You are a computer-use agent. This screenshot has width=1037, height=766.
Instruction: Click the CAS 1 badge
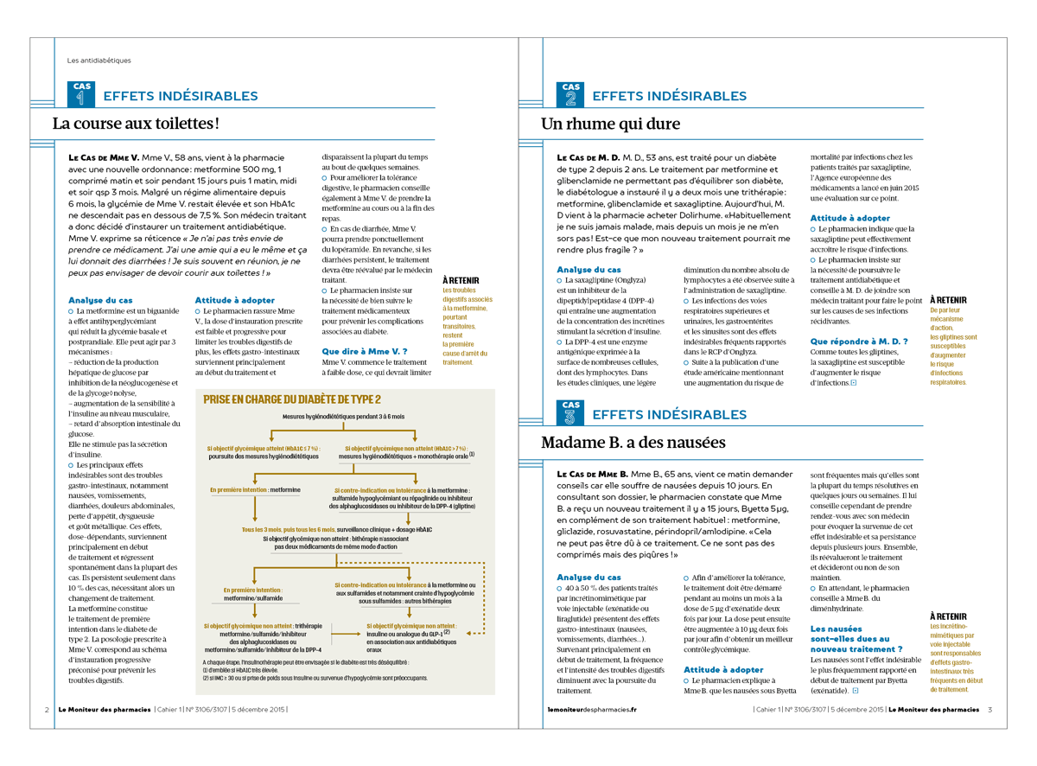tap(81, 94)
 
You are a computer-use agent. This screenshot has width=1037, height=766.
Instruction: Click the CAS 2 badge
tap(570, 94)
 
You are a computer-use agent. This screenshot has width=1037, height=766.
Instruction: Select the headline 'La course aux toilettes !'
tap(136, 124)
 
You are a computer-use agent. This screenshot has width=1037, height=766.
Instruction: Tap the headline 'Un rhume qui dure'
tap(610, 124)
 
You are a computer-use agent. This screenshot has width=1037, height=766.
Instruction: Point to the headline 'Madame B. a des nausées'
tap(633, 443)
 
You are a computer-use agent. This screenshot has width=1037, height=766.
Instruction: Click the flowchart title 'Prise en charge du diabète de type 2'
tap(291, 399)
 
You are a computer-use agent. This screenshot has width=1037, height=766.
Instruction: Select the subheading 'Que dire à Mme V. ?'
tap(364, 352)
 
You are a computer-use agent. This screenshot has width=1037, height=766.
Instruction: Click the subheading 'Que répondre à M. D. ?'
tap(859, 342)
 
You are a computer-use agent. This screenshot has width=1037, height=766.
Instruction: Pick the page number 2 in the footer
tap(47, 710)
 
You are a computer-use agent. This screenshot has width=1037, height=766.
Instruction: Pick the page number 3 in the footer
tap(989, 710)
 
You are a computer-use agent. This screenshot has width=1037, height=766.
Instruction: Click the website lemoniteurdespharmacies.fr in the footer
tap(592, 710)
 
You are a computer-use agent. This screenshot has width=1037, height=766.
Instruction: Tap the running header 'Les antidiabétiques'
tap(99, 61)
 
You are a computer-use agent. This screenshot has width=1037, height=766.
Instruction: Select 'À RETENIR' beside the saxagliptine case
tap(948, 300)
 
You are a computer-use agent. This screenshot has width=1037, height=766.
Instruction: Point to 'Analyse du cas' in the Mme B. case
tap(588, 577)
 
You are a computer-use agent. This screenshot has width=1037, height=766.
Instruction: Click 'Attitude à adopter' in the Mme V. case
tap(234, 300)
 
